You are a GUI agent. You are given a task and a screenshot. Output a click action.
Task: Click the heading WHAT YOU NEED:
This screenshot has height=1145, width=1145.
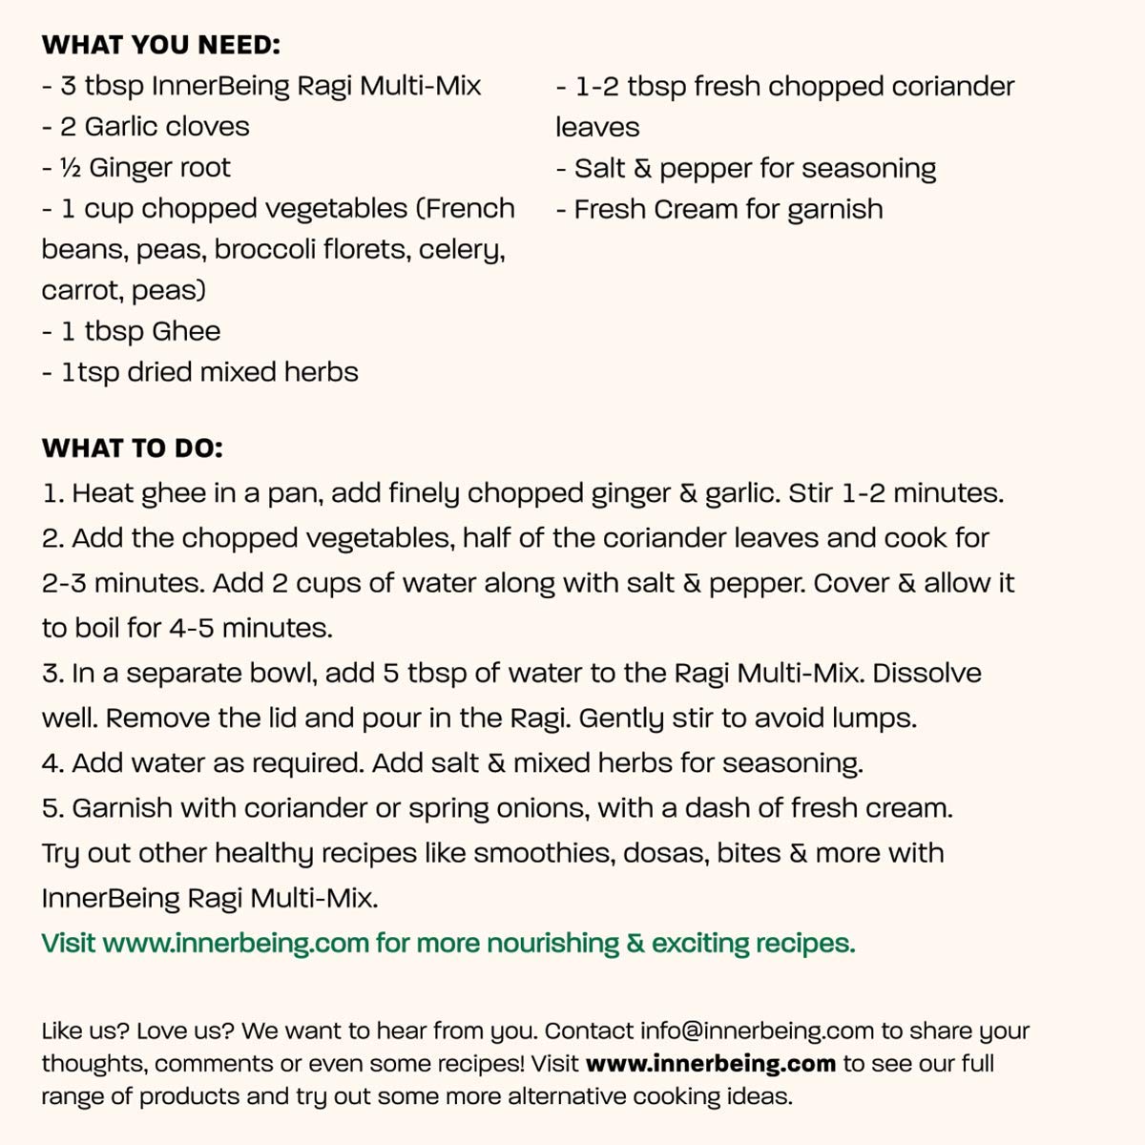pyautogui.click(x=161, y=45)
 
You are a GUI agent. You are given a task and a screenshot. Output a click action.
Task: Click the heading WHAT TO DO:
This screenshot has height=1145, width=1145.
pyautogui.click(x=132, y=448)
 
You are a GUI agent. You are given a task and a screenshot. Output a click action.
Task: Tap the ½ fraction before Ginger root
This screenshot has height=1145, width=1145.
pyautogui.click(x=70, y=168)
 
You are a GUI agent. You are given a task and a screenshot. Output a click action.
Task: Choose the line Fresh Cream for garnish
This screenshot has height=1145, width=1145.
pyautogui.click(x=728, y=209)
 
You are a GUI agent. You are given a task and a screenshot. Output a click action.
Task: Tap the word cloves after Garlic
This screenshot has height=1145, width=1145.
pyautogui.click(x=206, y=127)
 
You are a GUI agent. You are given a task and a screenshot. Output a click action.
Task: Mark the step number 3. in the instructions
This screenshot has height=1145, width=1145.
pyautogui.click(x=52, y=673)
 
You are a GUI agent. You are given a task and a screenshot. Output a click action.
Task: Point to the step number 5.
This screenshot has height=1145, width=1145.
pyautogui.click(x=52, y=808)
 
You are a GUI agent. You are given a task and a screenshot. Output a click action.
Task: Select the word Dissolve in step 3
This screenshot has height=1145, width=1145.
pyautogui.click(x=926, y=673)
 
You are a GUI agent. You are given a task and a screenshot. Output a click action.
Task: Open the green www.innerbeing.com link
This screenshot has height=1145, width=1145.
pyautogui.click(x=236, y=944)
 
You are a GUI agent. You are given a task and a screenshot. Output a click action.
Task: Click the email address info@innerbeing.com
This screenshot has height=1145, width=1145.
pyautogui.click(x=757, y=1031)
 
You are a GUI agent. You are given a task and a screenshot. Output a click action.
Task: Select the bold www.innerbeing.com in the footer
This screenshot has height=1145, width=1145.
pyautogui.click(x=710, y=1063)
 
